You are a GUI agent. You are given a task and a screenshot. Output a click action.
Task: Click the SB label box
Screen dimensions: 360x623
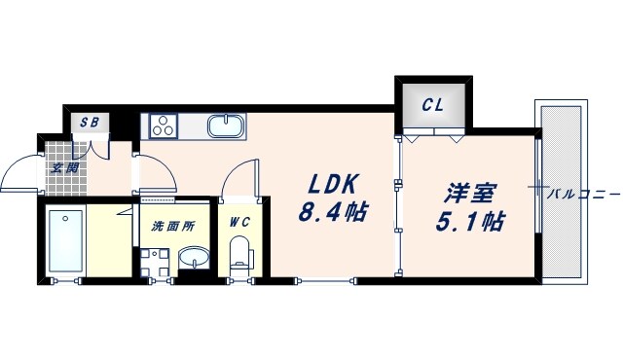point(90,123)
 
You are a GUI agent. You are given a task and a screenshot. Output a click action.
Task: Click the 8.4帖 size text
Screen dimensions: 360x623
point(332,211)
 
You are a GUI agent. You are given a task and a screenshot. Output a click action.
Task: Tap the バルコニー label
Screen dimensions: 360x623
point(582,194)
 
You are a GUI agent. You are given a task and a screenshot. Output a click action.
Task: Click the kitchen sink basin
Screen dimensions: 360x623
point(226,126)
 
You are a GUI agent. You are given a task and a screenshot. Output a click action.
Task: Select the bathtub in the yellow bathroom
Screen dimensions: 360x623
point(67,239)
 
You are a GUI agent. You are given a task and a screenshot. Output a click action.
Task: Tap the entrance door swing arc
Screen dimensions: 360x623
point(21,174)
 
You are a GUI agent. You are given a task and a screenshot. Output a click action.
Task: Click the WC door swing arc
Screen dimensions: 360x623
point(236,180)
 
